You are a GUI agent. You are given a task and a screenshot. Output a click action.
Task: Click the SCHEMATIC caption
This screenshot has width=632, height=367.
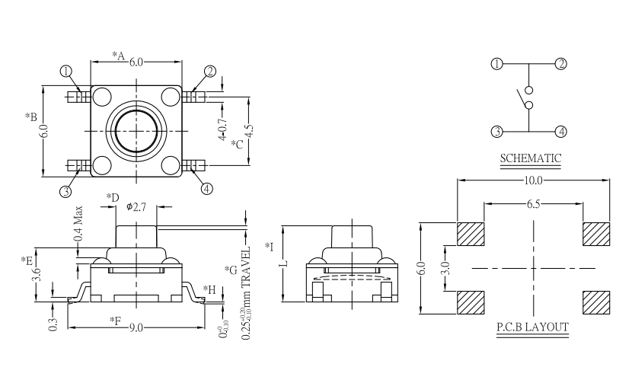coord(531,158)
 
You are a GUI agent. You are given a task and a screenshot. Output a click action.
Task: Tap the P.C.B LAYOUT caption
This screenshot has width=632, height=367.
coord(531,327)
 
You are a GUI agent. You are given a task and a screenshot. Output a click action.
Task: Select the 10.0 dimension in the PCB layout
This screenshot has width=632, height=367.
coord(533,181)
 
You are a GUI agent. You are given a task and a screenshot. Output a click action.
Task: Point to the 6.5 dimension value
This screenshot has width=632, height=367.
coord(533,205)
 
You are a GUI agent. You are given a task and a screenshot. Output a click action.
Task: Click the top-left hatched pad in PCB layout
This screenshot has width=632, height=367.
coord(471,233)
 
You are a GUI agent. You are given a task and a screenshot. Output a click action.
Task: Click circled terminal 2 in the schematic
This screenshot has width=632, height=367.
coord(561,64)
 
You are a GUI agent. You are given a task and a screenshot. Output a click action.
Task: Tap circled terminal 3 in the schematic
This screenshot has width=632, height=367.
coord(497,131)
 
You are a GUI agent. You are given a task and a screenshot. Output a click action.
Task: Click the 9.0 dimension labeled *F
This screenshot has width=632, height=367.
coord(137,328)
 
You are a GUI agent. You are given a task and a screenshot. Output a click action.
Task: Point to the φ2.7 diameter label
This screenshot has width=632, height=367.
coord(136,206)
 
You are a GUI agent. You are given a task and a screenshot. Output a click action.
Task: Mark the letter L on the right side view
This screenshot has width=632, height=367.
coord(283,263)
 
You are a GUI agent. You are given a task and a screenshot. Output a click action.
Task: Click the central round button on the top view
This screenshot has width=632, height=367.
coord(136,130)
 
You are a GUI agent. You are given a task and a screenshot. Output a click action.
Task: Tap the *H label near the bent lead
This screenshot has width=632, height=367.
coord(210,289)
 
